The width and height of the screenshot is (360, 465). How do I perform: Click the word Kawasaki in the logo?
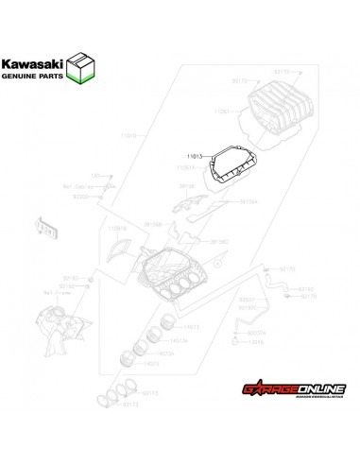click(x=39, y=65)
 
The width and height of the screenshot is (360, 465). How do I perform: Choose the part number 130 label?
click(x=95, y=176)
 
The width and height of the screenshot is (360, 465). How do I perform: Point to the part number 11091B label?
click(x=117, y=228)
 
